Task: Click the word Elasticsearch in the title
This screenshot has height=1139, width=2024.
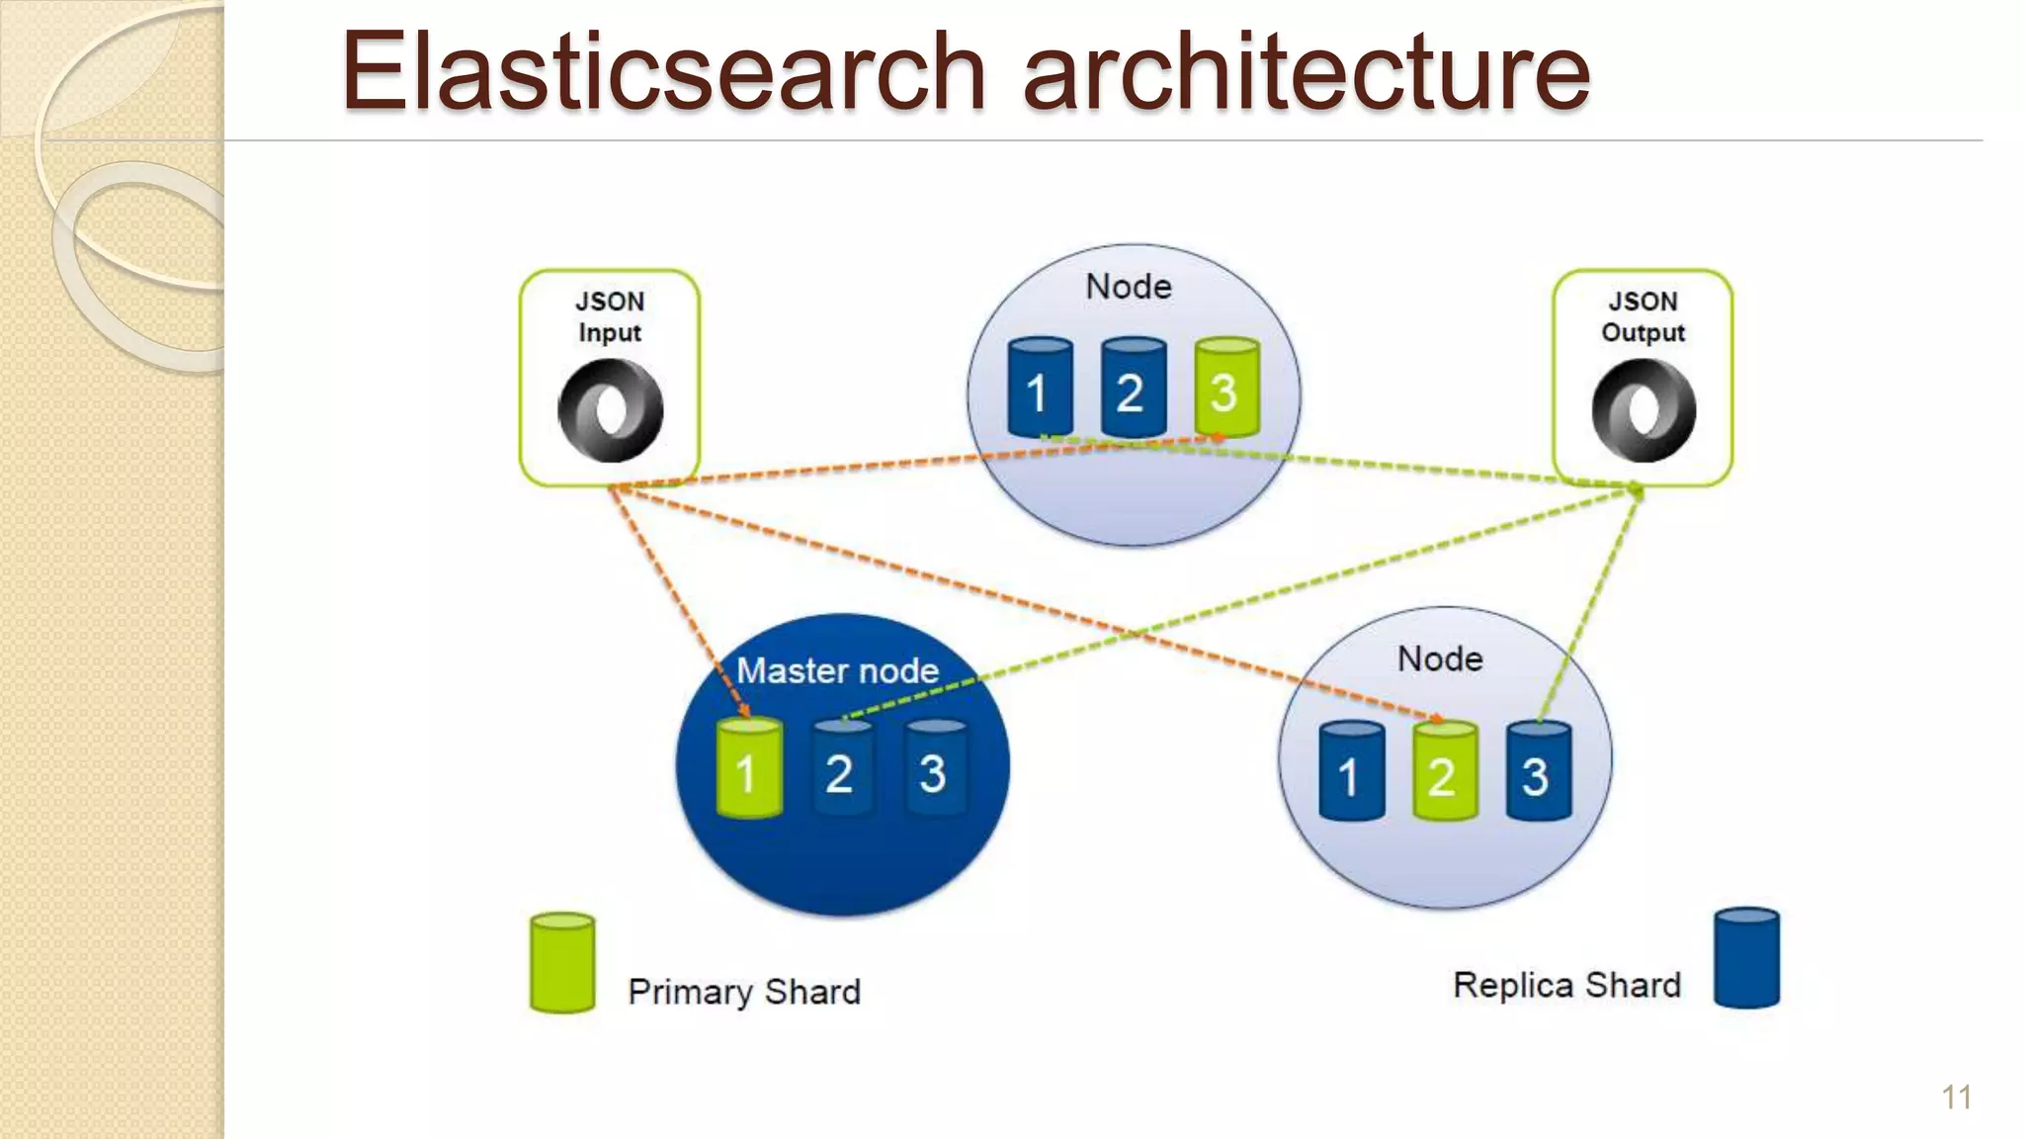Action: pos(662,71)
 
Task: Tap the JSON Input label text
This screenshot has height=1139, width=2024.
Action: pos(610,316)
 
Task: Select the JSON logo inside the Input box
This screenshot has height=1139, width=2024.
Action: pos(610,409)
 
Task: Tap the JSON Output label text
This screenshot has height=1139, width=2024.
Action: pos(1643,316)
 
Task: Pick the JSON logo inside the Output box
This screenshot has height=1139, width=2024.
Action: pos(1643,409)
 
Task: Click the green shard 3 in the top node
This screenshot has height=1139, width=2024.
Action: pos(1226,388)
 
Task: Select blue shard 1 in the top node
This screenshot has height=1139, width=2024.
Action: pos(1040,388)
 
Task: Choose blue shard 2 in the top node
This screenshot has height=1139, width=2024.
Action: pos(1133,388)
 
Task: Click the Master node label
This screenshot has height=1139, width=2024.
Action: pos(837,670)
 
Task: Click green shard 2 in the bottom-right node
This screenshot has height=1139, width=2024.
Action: pos(1445,771)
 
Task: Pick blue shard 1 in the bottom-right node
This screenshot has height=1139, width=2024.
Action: pos(1351,771)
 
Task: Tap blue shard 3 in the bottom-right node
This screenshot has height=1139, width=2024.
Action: pos(1538,771)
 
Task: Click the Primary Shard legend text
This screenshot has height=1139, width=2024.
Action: pos(743,991)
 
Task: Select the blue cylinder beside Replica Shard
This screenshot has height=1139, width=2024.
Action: pos(1746,957)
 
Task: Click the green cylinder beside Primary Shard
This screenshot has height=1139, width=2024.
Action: pos(562,962)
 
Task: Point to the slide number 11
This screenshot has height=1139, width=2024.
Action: pos(1956,1097)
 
